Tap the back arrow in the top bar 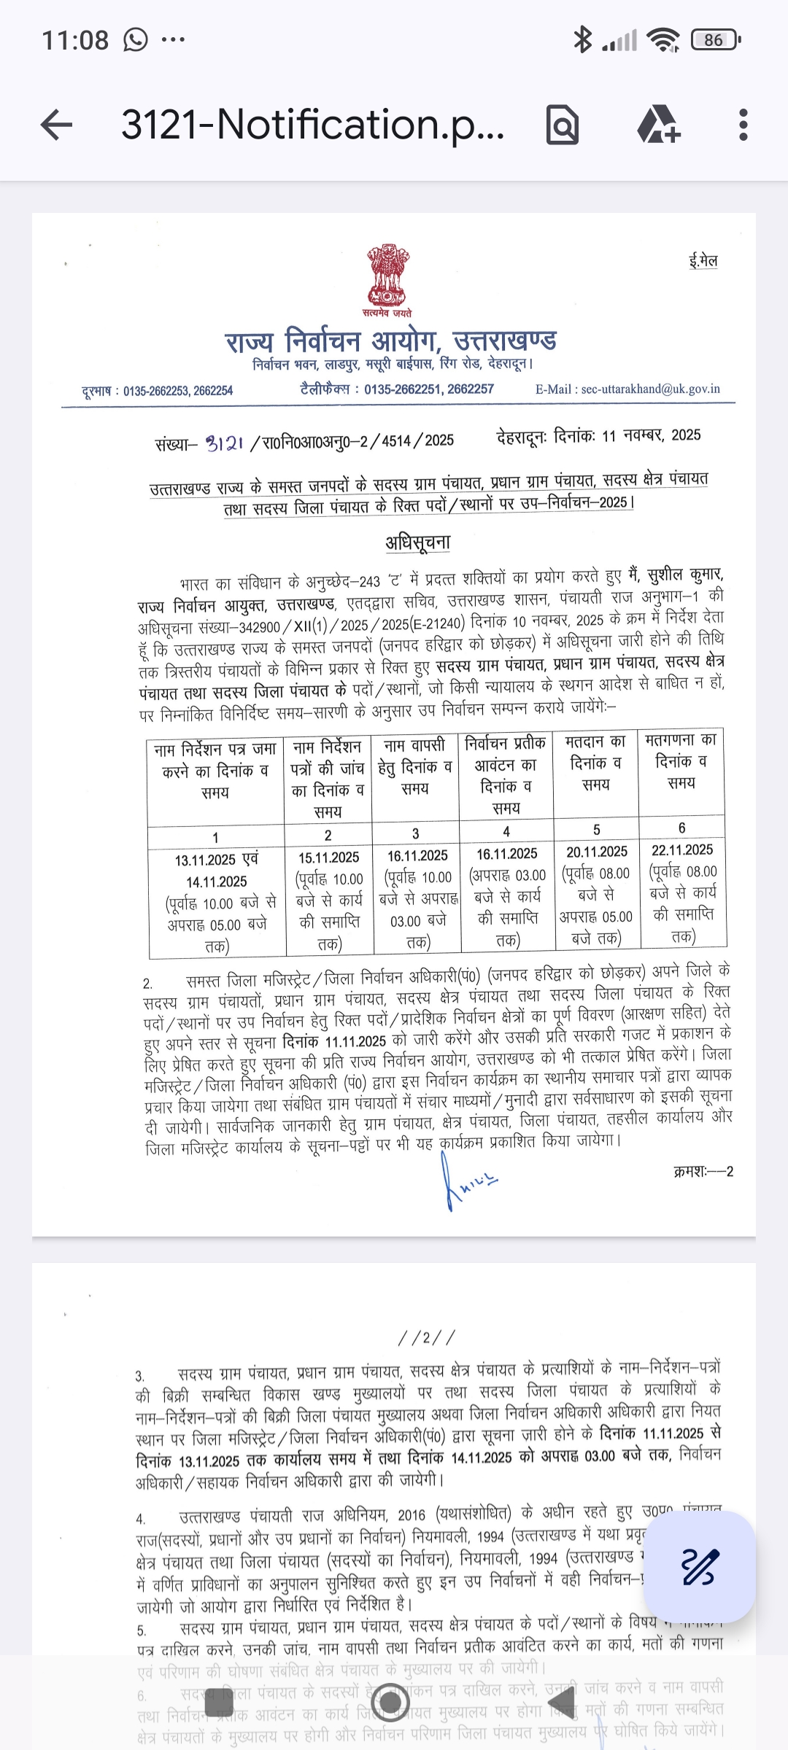coord(57,125)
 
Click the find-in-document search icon coord(563,125)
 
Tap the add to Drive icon coord(659,125)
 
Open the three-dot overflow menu coord(743,125)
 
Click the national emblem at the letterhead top coord(387,277)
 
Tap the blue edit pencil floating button coord(700,1567)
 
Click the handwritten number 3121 coord(224,443)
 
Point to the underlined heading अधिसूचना coord(418,542)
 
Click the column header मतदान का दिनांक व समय coord(596,763)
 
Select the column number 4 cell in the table coord(506,831)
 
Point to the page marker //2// coord(427,1337)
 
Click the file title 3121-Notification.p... coord(312,125)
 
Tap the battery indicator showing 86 coord(714,40)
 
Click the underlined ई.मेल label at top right coord(703,261)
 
